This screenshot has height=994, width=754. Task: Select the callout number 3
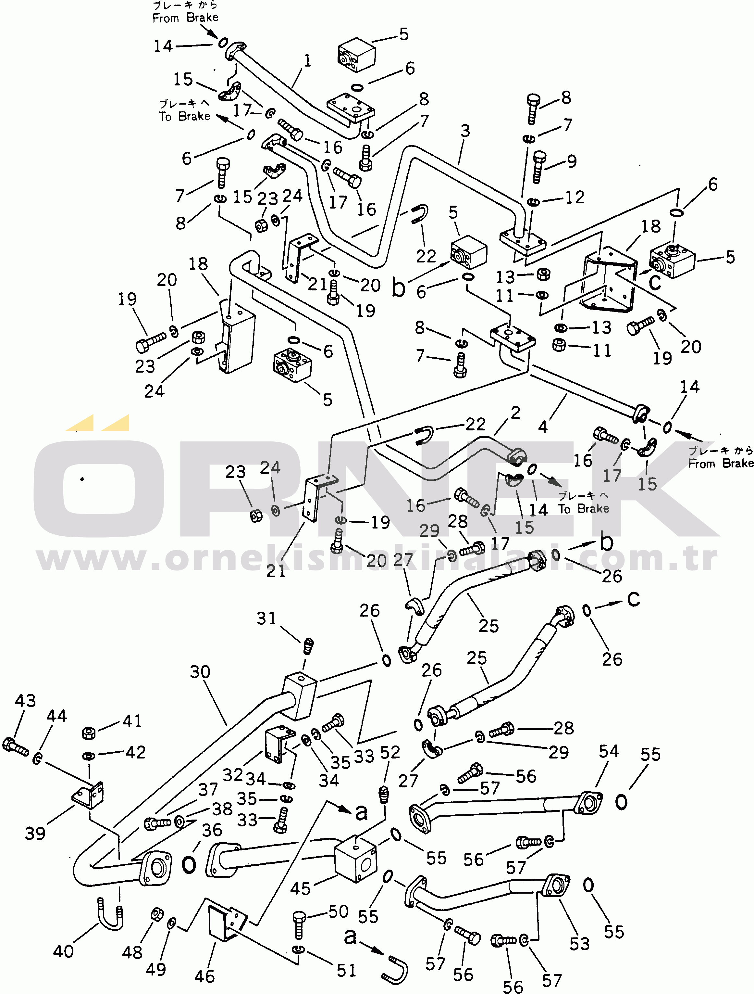tap(465, 131)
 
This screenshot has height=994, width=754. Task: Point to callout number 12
tap(575, 197)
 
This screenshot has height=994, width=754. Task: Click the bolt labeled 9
tap(539, 167)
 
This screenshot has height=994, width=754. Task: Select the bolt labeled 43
tap(15, 746)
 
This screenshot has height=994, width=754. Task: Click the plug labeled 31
tap(308, 646)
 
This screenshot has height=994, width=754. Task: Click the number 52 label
tap(390, 752)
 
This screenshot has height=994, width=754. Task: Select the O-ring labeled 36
tap(189, 864)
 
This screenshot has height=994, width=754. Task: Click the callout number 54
tap(609, 751)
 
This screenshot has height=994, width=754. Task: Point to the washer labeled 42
tap(89, 756)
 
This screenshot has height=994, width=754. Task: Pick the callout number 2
tap(515, 413)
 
